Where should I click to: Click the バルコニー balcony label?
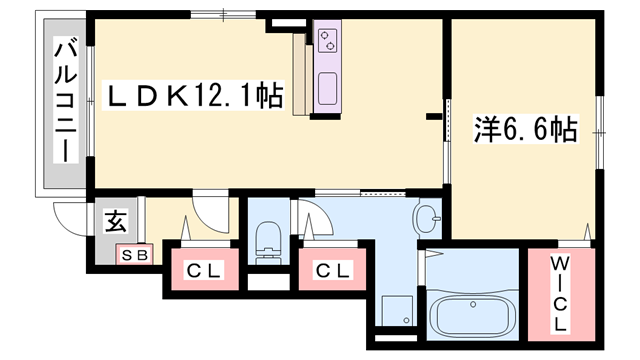pyautogui.click(x=65, y=100)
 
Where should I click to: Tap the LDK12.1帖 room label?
pyautogui.click(x=195, y=98)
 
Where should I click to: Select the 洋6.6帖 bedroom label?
pyautogui.click(x=523, y=129)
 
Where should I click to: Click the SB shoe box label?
pyautogui.click(x=134, y=255)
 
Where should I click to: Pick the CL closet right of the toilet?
pyautogui.click(x=331, y=271)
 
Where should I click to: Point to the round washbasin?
pyautogui.click(x=427, y=217)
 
